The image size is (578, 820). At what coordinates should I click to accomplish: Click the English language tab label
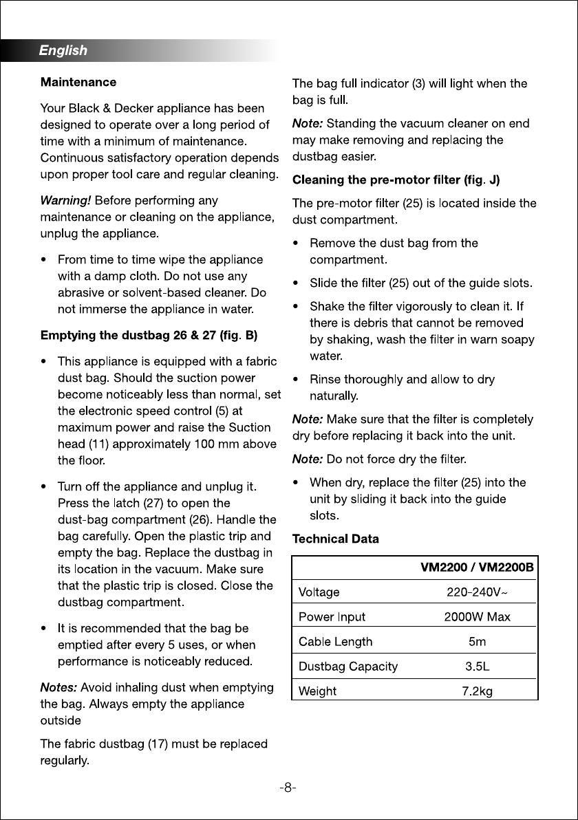63,50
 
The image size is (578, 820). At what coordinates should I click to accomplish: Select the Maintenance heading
78,82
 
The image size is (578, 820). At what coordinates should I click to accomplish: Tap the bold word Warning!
65,201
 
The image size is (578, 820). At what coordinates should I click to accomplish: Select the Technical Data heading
336,539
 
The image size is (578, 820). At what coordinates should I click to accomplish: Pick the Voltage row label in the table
319,592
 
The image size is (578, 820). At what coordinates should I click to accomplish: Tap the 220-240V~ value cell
477,592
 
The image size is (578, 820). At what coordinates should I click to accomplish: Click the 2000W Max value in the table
477,616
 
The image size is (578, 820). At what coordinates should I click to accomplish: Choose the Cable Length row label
335,642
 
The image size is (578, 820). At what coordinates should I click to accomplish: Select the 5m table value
477,642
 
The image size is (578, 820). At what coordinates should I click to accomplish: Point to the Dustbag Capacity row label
347,666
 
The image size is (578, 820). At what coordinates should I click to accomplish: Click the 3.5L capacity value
477,666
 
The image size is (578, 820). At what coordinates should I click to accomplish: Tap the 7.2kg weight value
477,691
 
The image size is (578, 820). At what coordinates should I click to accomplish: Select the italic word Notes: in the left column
58,688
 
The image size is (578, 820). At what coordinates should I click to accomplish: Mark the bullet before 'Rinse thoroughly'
295,380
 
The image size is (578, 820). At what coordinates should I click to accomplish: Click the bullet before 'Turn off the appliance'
44,487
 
